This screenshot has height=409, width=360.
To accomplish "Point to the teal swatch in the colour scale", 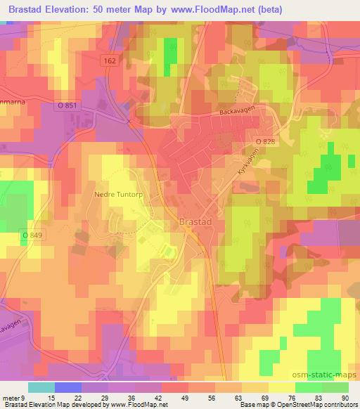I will pyautogui.click(x=41, y=387).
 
